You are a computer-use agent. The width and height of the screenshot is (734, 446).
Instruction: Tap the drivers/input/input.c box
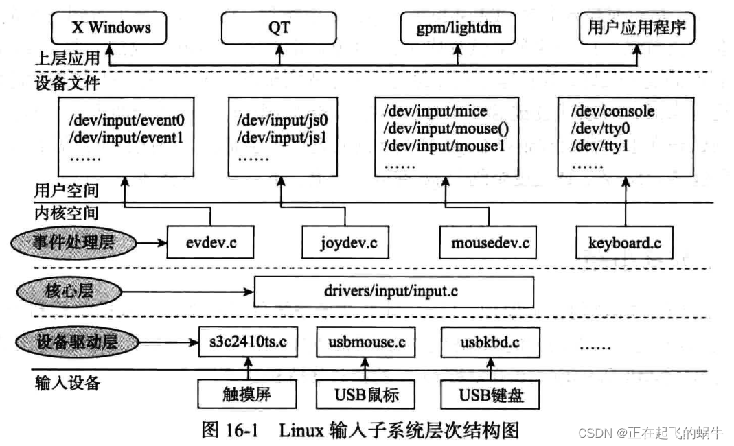(393, 291)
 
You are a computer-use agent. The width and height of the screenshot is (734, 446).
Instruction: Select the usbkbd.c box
(490, 341)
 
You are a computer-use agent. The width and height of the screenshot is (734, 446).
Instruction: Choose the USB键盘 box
(490, 395)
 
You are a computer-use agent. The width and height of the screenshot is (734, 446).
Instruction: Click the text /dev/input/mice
(435, 112)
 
